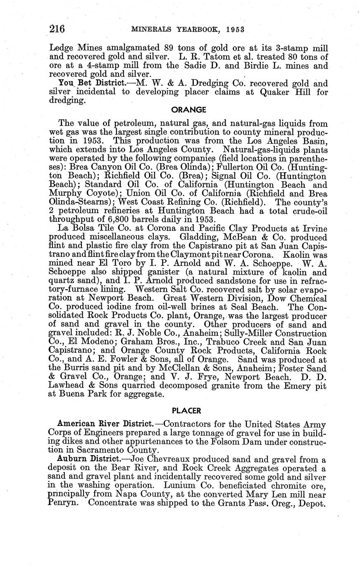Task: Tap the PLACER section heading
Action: (186, 411)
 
